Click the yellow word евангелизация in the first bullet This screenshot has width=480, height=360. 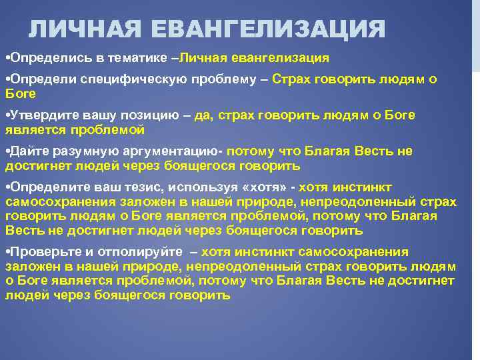280,58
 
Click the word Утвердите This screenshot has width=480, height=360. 39,115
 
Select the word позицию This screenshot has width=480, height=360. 159,115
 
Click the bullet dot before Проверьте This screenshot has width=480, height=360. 7,252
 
